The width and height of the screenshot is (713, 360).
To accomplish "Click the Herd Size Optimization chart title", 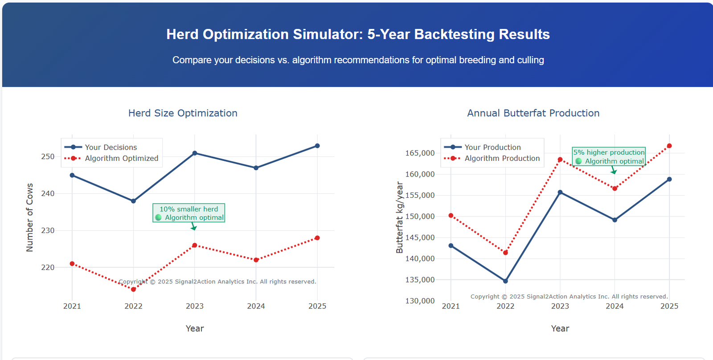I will pyautogui.click(x=183, y=113).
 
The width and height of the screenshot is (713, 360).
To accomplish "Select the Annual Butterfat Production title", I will pyautogui.click(x=533, y=113).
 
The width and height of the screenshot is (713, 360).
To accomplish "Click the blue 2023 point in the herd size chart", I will pyautogui.click(x=195, y=153).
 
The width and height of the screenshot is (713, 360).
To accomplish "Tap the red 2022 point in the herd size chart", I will pyautogui.click(x=133, y=290).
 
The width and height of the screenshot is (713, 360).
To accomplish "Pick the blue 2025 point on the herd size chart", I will pyautogui.click(x=317, y=146).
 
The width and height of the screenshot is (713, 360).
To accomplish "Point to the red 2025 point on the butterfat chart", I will pyautogui.click(x=669, y=146).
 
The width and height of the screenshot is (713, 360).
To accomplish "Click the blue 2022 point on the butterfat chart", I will pyautogui.click(x=505, y=281).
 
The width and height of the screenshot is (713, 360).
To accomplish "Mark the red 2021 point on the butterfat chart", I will pyautogui.click(x=451, y=216).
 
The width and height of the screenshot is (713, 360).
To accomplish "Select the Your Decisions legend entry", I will pyautogui.click(x=111, y=147).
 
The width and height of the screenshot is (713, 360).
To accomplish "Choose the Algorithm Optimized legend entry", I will pyautogui.click(x=121, y=158).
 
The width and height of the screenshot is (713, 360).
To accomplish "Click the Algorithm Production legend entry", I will pyautogui.click(x=502, y=158).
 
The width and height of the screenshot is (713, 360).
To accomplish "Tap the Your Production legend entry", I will pyautogui.click(x=492, y=147).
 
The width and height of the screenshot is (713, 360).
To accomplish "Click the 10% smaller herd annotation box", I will pyautogui.click(x=189, y=213).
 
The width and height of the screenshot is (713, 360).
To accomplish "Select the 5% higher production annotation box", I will pyautogui.click(x=609, y=156).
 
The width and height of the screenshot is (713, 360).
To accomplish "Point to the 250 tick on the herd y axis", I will pyautogui.click(x=48, y=156).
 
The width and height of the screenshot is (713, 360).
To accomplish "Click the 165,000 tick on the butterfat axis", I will pyautogui.click(x=420, y=153).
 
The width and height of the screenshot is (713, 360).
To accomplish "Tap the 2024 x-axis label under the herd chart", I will pyautogui.click(x=256, y=306).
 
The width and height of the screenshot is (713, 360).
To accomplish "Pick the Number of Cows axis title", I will pyautogui.click(x=30, y=217).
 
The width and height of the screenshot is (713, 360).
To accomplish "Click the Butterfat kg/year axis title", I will pyautogui.click(x=399, y=217).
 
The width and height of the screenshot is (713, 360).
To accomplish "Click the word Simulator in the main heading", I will pyautogui.click(x=328, y=34).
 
